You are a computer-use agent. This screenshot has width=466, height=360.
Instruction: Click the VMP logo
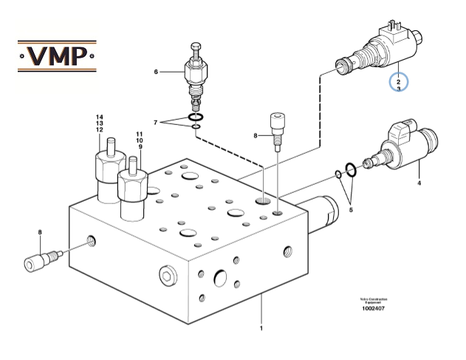point(57,55)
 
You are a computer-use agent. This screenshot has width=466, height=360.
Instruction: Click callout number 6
point(156,72)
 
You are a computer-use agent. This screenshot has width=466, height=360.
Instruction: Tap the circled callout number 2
point(398,81)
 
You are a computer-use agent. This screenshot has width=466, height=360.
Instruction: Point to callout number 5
point(351,210)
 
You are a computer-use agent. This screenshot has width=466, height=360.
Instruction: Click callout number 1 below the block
point(261,327)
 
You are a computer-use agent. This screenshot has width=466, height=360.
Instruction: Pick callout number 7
point(155,121)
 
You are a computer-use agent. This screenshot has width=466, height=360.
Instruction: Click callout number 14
point(99,117)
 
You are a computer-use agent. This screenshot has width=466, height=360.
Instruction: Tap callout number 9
point(138,146)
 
